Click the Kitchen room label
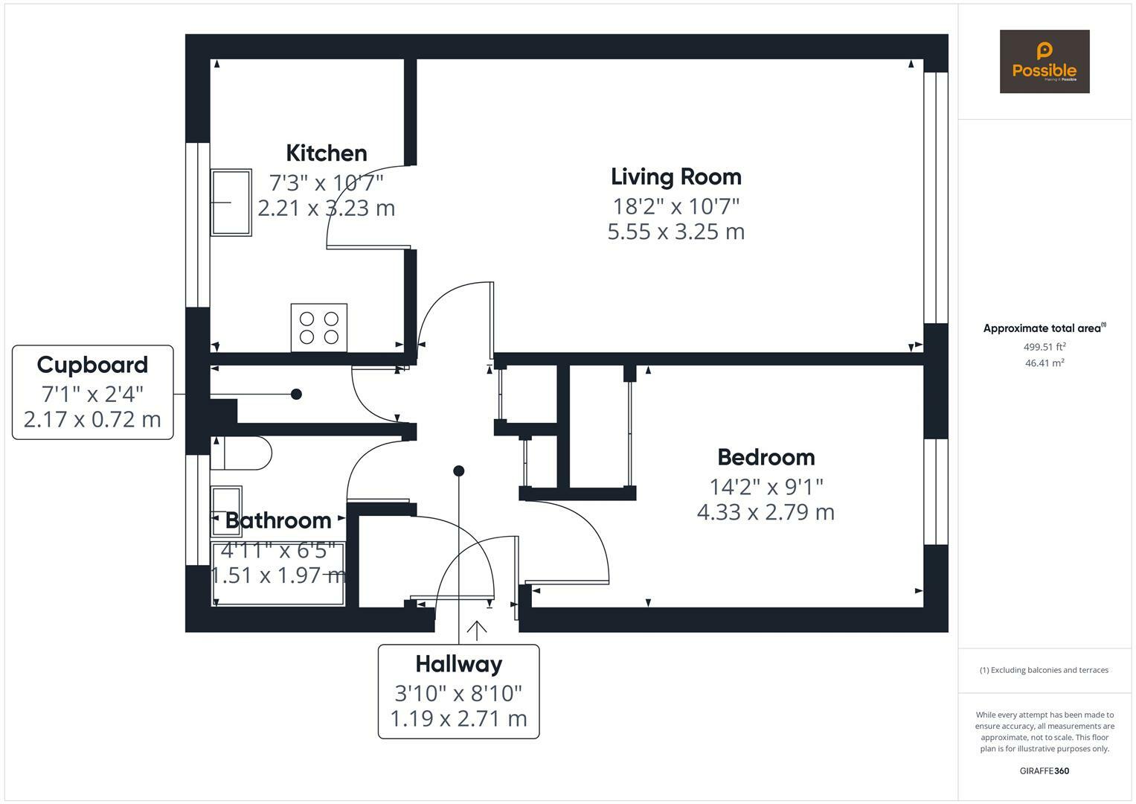327,153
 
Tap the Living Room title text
676,177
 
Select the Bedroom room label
766,457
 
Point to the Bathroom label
278,520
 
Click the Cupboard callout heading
92,366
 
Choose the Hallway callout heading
459,664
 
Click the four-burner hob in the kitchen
319,328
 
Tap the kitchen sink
231,202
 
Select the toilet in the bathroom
241,453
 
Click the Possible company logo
1044,61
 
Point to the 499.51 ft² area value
1044,347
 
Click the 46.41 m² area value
1044,363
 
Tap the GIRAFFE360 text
1044,770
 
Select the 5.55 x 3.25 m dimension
676,232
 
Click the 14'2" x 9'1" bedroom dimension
766,487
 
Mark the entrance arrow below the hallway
476,631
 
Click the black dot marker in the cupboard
297,394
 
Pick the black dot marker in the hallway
459,471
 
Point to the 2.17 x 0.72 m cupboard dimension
92,420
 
